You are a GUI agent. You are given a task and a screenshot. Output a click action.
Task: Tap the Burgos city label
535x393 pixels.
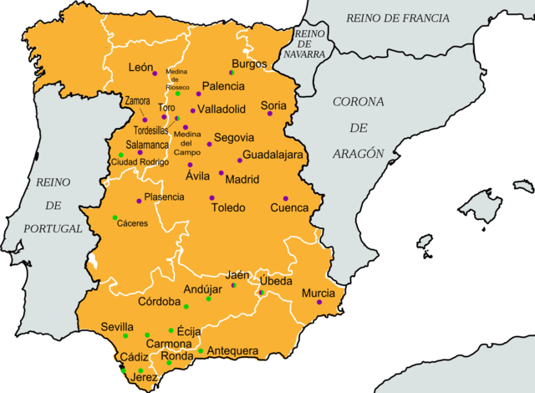pos(250,64)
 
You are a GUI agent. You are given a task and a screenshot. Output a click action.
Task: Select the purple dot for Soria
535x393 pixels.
pos(270,114)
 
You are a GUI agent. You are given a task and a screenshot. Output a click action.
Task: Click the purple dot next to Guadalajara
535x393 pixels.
pos(240,161)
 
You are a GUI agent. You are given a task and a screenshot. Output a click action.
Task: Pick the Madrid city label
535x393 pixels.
pos(242,179)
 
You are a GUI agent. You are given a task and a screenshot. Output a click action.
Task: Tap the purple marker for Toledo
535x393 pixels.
pos(211,198)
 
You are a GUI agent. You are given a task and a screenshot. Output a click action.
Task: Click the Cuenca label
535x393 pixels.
pos(289,207)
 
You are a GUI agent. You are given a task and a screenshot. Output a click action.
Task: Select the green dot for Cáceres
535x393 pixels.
pos(115,217)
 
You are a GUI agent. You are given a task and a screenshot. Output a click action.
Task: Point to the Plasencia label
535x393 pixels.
pos(164,197)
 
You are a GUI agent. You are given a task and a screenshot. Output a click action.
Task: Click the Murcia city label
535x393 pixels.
pos(318,293)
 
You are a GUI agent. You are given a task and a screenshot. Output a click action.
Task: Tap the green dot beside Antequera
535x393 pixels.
pos(201,350)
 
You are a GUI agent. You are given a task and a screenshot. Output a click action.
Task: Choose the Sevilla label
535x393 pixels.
pos(116,326)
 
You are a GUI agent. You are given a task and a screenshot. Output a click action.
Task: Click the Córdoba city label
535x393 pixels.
pos(159,301)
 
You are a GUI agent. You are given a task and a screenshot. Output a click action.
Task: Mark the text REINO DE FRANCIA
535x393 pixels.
pos(398,18)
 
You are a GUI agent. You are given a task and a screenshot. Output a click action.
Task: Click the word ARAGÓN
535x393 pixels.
pos(358,153)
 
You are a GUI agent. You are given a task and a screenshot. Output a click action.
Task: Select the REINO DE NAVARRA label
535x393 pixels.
pos(309,43)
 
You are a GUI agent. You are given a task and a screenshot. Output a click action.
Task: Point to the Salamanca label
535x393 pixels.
pos(148,145)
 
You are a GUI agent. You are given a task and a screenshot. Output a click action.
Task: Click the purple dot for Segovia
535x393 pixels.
pos(209,145)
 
